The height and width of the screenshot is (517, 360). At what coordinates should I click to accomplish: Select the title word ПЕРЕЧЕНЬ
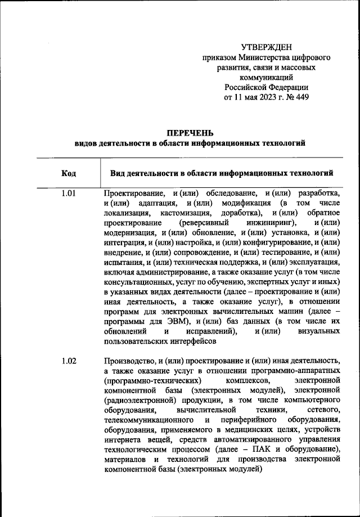point(190,133)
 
